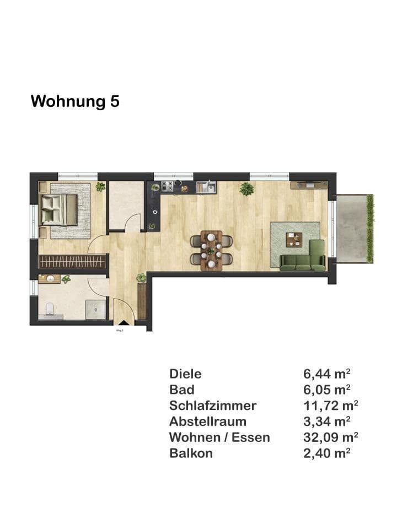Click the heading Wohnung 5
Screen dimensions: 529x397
pos(75,101)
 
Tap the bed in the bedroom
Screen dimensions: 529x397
pos(59,209)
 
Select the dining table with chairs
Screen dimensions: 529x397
pos(211,250)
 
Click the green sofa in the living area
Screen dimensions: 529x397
pos(304,260)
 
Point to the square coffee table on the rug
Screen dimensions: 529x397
pos(294,240)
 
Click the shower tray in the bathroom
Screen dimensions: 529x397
pos(95,309)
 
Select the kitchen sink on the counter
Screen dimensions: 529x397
pos(208,187)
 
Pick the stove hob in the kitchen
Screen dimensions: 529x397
pos(167,186)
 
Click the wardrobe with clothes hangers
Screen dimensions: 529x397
pos(72,261)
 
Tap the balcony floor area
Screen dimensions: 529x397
pos(351,228)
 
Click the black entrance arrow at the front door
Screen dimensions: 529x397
pos(124,323)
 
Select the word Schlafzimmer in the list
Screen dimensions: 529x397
pos(213,406)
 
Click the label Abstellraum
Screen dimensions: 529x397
pos(207,422)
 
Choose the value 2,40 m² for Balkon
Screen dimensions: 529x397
pos(327,454)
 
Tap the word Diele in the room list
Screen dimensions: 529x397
pos(185,374)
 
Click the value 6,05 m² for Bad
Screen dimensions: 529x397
pos(327,390)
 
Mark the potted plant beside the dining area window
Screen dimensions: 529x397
pos(246,189)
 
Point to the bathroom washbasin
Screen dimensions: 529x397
pos(51,279)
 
